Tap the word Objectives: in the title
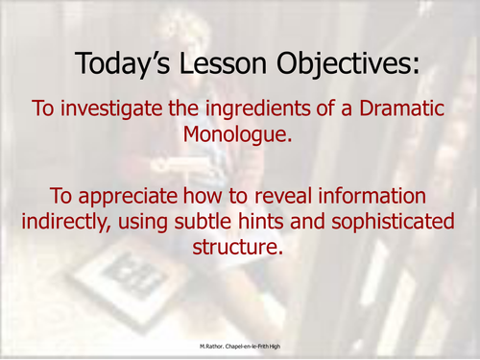point(339,64)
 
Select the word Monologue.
point(238,135)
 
